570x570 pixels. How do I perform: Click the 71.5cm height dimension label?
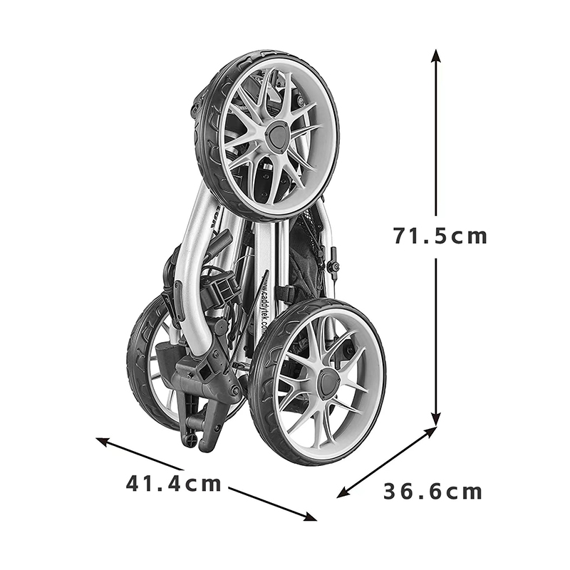(440, 236)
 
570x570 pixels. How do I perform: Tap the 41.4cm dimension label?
(173, 484)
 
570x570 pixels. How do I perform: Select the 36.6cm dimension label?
(432, 492)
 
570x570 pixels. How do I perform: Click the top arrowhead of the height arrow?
(436, 56)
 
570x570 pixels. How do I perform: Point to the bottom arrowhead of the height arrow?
(436, 418)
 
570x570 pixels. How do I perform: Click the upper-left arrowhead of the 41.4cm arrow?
(102, 440)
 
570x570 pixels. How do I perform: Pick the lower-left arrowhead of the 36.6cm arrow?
(343, 493)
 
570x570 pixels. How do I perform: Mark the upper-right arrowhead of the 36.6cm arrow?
(430, 431)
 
